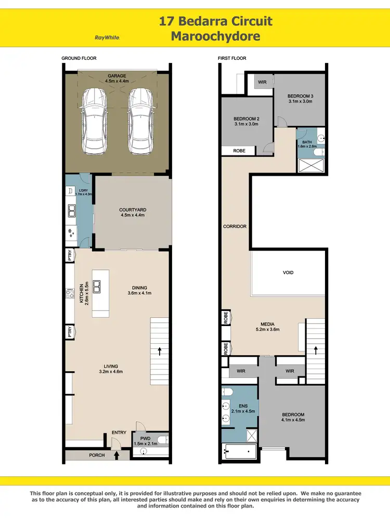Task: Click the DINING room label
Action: point(139,288)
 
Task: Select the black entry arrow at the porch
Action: point(116,456)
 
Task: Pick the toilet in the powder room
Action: point(162,440)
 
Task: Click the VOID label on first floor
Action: point(288,272)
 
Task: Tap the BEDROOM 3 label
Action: point(300,96)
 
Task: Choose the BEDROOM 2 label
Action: point(246,119)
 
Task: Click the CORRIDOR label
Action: point(235,227)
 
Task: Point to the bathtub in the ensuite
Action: point(239,450)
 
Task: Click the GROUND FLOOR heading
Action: point(79,58)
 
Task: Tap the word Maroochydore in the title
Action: point(215,36)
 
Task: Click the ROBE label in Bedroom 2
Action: point(239,151)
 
